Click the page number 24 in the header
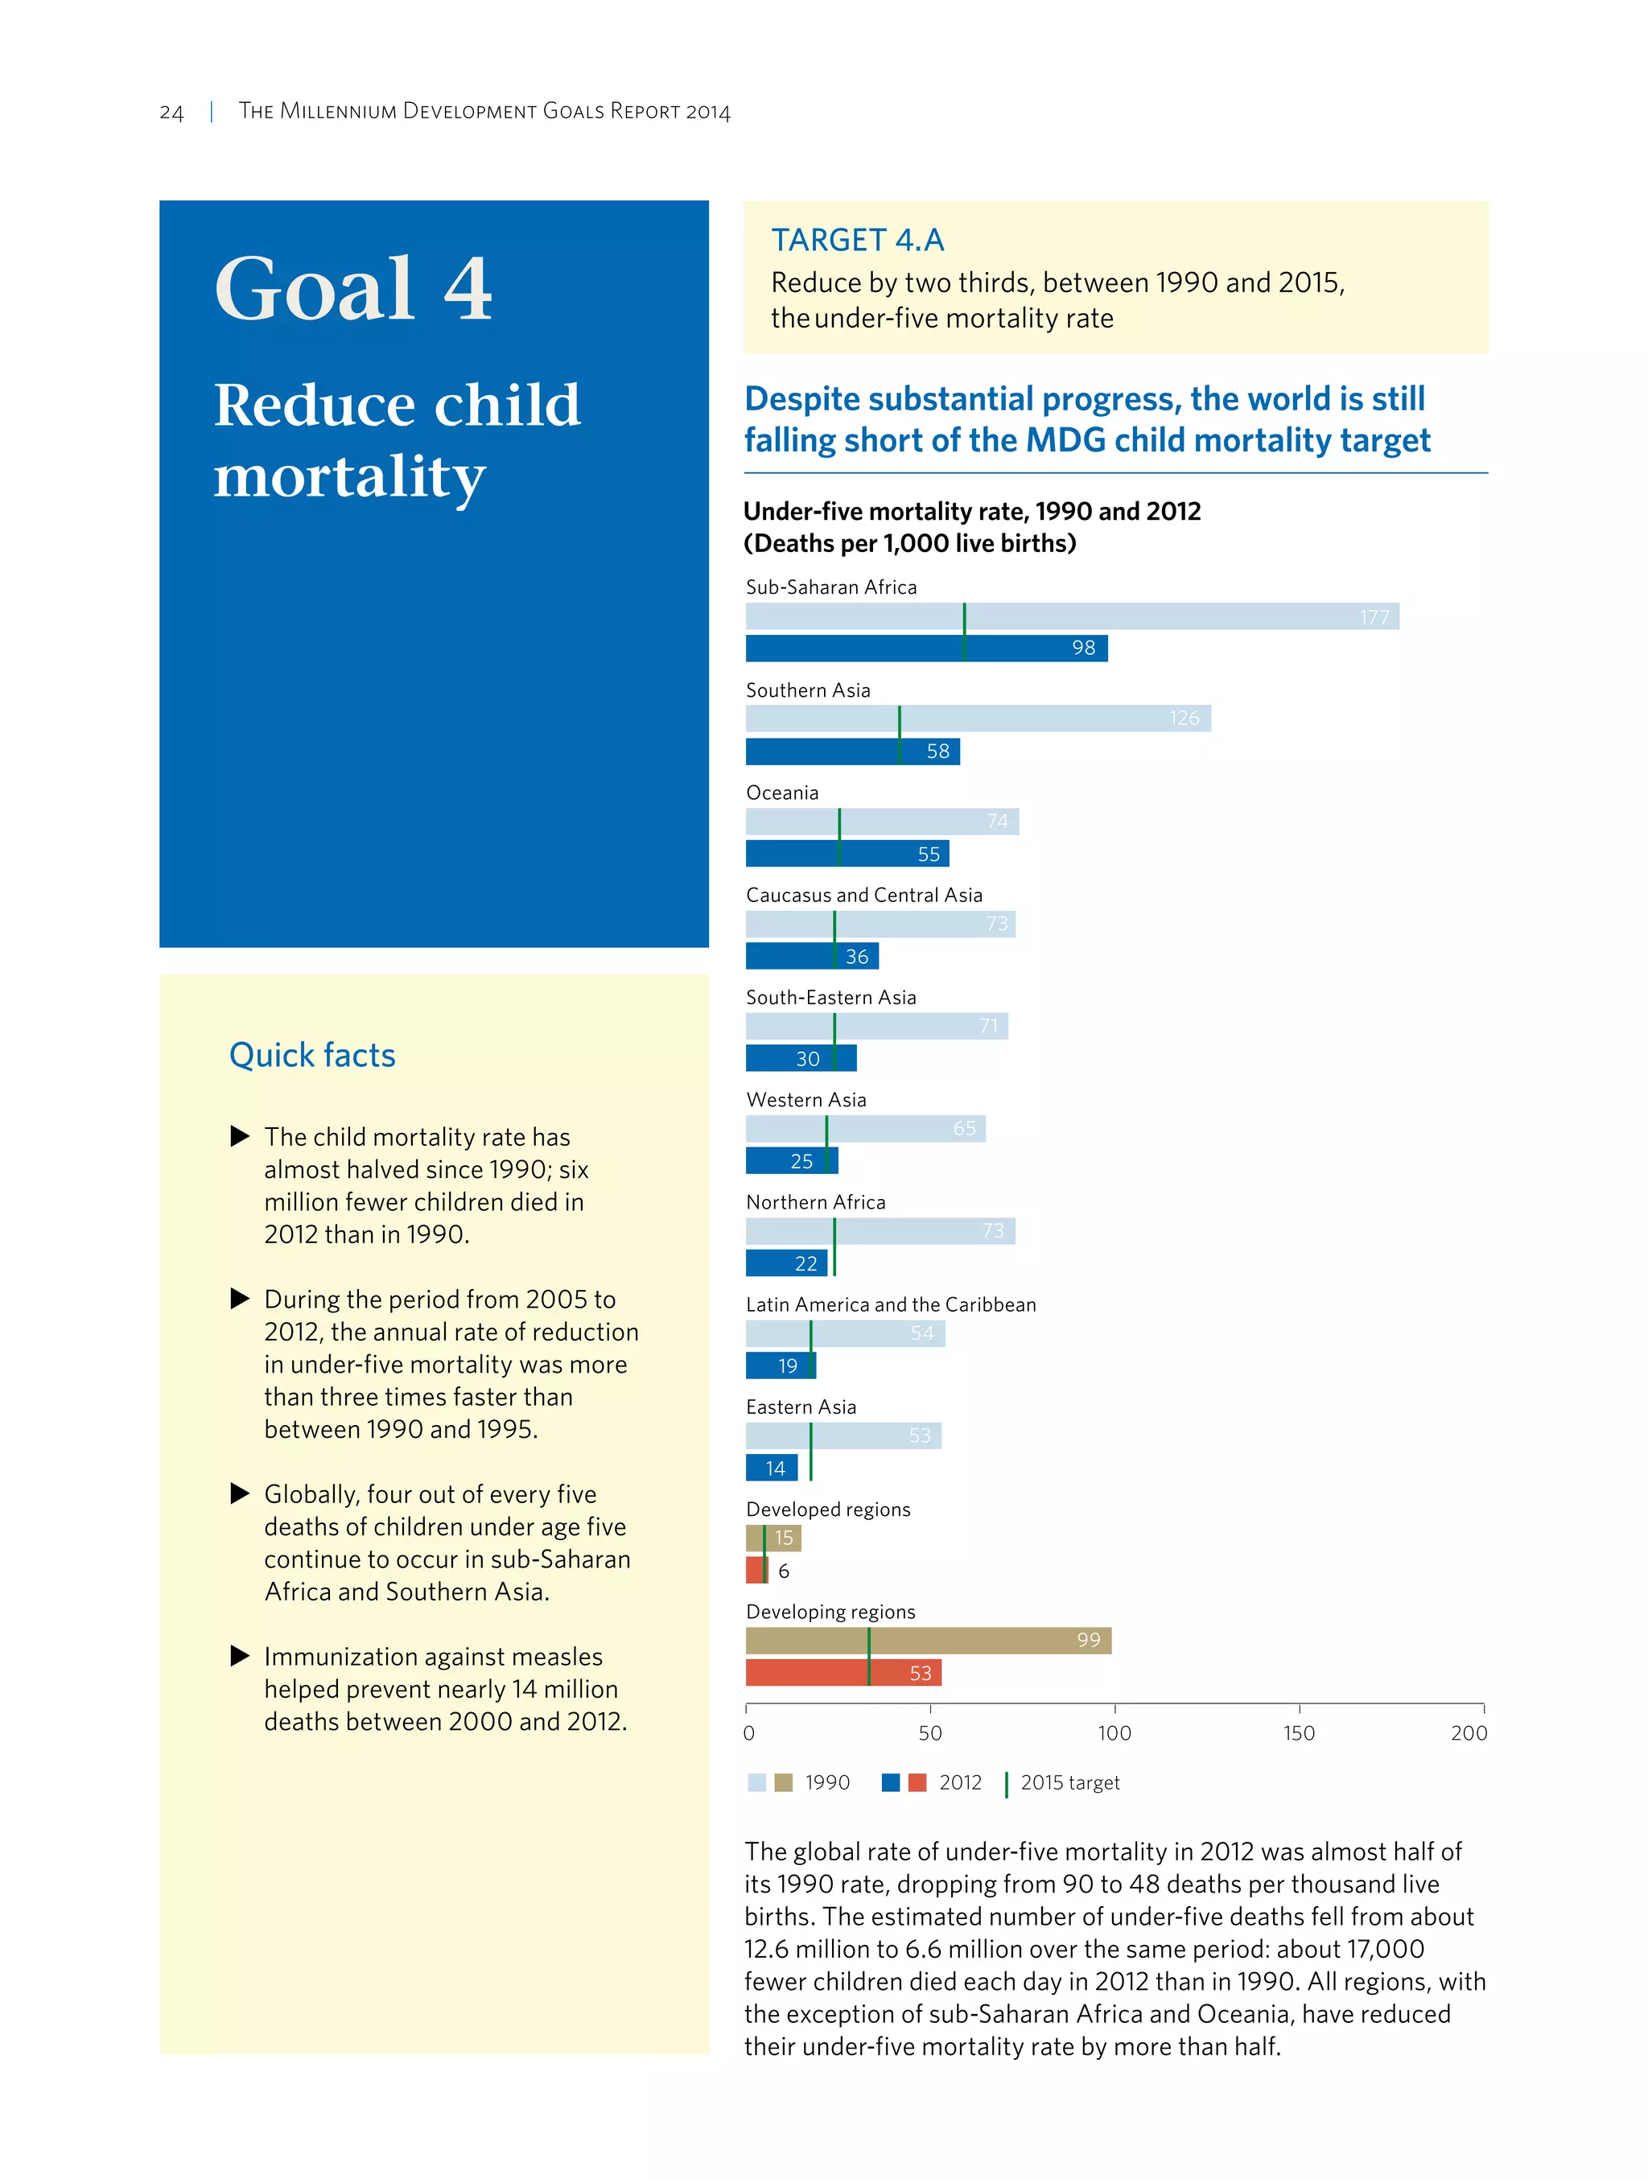(x=171, y=113)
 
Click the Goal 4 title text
(x=353, y=289)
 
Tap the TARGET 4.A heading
(x=857, y=241)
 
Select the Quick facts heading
(x=312, y=1055)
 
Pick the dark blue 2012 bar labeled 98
(x=926, y=649)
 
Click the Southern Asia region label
(x=808, y=690)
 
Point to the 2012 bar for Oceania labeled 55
(x=847, y=854)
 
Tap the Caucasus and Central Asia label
(x=864, y=896)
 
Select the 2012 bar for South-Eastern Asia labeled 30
(x=800, y=1059)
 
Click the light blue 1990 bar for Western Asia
(x=865, y=1129)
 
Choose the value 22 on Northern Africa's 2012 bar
(x=805, y=1264)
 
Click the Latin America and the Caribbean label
(x=891, y=1305)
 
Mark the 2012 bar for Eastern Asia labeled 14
(x=772, y=1468)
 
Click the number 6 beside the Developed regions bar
(x=784, y=1571)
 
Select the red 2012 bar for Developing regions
(x=843, y=1674)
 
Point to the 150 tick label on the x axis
(x=1298, y=1734)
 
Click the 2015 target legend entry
(x=1069, y=1783)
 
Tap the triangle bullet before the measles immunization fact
(x=239, y=1656)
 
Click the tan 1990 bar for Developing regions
(x=928, y=1640)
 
